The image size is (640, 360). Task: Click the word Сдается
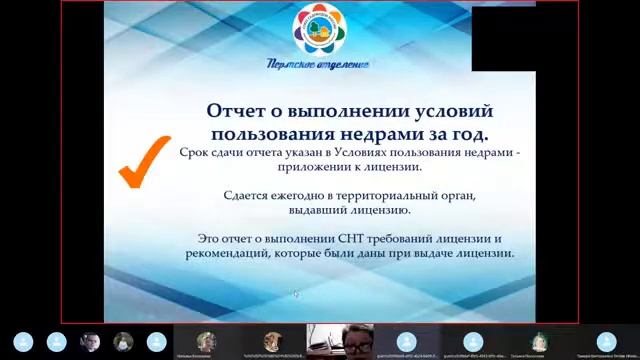click(253, 195)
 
